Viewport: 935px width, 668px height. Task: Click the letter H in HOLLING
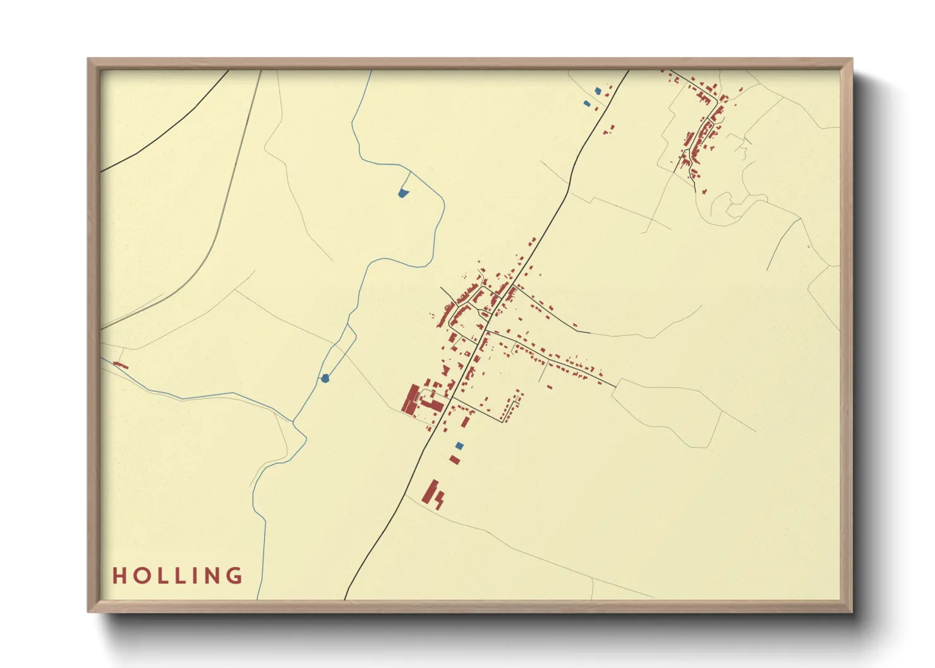(x=120, y=575)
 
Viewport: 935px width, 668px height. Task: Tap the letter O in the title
(x=140, y=575)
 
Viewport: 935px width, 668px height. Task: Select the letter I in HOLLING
(x=195, y=575)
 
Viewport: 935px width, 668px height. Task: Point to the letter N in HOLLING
(x=212, y=575)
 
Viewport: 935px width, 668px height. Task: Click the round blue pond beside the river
(x=325, y=378)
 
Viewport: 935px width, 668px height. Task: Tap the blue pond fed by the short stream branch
(x=402, y=193)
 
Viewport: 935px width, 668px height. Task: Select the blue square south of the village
(x=459, y=446)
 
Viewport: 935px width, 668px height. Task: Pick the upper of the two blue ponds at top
(x=598, y=91)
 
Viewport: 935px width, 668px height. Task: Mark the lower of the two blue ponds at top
(x=587, y=103)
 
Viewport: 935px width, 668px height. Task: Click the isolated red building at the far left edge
(x=120, y=365)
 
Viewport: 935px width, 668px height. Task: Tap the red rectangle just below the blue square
(x=454, y=459)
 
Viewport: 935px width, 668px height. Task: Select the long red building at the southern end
(x=431, y=492)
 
